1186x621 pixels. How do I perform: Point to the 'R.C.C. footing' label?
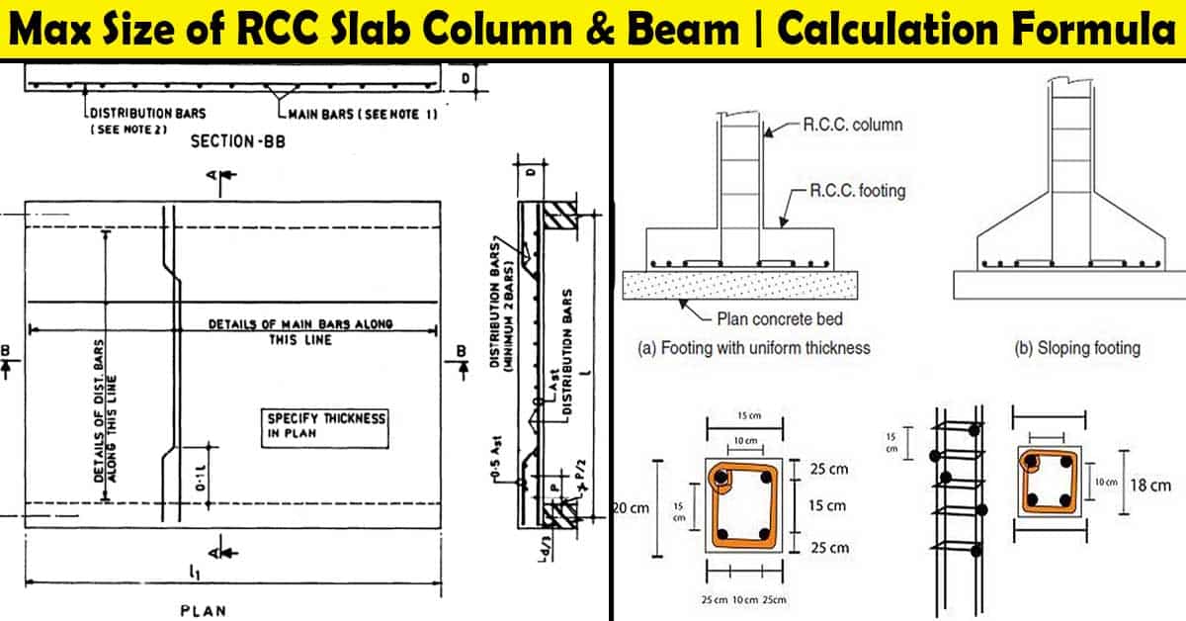pyautogui.click(x=856, y=190)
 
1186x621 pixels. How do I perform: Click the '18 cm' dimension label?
pyautogui.click(x=1148, y=485)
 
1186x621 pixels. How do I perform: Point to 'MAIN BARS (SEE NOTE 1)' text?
pyautogui.click(x=362, y=114)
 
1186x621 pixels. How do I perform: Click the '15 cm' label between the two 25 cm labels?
pyautogui.click(x=826, y=505)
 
